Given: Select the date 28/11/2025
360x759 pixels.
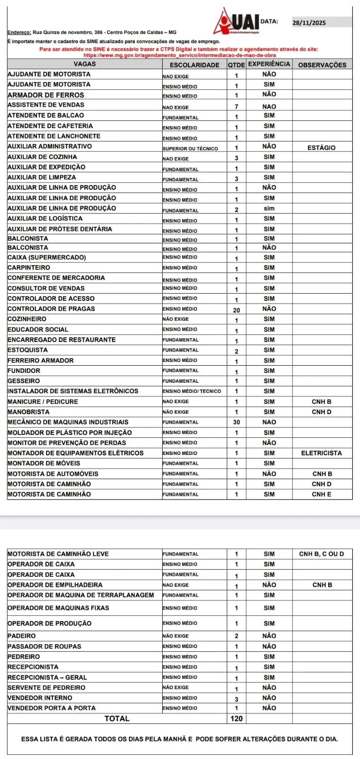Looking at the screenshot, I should (x=309, y=23).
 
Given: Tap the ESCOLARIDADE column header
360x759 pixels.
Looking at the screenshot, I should (x=194, y=65).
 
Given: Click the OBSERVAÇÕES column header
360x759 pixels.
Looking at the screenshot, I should (x=322, y=65).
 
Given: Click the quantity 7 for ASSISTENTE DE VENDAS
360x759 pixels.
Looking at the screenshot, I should (x=236, y=107).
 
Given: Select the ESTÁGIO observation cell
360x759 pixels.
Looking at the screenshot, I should (x=321, y=148).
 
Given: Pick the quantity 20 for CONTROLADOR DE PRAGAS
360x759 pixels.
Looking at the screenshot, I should (x=236, y=310).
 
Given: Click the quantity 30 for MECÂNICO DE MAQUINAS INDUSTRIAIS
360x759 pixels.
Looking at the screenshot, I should (x=236, y=422).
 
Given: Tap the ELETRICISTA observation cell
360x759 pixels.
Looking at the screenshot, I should (x=321, y=453).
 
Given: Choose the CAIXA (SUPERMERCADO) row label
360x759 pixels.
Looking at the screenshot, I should (x=46, y=258).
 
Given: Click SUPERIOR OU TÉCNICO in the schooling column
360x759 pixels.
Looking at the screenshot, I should (x=190, y=148).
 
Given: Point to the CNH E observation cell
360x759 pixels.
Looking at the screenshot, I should (x=322, y=494).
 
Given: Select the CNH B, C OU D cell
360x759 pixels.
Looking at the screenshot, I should (x=322, y=554).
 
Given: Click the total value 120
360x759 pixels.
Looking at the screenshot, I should (x=236, y=719).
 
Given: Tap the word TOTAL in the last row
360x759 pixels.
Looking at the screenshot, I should (x=117, y=719).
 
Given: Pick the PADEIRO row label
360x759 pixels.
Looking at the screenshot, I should (x=22, y=636).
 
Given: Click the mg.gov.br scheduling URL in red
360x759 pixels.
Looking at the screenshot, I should (x=179, y=56).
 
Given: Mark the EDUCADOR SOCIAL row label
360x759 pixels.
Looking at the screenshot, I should (x=38, y=330).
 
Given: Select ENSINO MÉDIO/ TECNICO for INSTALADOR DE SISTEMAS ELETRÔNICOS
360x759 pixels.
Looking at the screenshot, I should (x=192, y=391).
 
